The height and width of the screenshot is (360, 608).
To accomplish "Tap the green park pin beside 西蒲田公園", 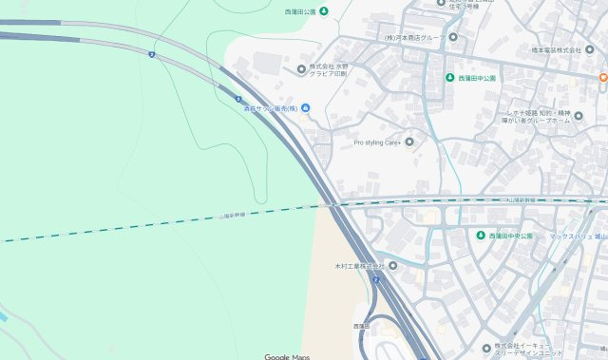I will pyautogui.click(x=323, y=11).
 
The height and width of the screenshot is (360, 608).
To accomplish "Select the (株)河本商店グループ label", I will pyautogui.click(x=414, y=37).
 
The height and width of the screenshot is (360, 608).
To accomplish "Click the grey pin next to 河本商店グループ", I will pyautogui.click(x=452, y=37).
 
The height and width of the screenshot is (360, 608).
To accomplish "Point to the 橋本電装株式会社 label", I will pyautogui.click(x=556, y=49).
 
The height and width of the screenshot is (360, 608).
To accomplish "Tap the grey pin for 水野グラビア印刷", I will pyautogui.click(x=302, y=68).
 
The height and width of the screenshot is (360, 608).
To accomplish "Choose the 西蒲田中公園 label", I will pyautogui.click(x=478, y=78).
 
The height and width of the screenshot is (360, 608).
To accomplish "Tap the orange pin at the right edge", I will pyautogui.click(x=602, y=76).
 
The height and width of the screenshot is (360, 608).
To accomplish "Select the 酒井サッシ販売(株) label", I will pyautogui.click(x=269, y=107).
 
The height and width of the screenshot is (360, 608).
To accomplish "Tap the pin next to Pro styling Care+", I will pyautogui.click(x=409, y=142).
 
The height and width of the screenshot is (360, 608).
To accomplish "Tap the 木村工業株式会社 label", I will pyautogui.click(x=358, y=266).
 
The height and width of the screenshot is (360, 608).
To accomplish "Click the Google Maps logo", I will pyautogui.click(x=287, y=356).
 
